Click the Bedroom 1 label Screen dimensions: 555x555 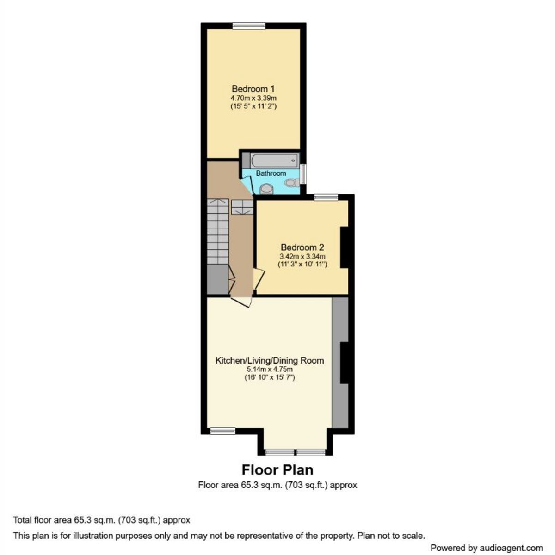(253, 88)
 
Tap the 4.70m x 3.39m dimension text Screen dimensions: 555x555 (253, 98)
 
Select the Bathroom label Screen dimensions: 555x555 (271, 173)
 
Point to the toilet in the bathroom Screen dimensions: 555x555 (292, 183)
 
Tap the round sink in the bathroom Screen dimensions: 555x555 (266, 189)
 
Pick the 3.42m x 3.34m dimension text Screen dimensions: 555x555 (302, 257)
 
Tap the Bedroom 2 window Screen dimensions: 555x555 (327, 197)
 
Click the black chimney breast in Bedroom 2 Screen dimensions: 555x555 (345, 247)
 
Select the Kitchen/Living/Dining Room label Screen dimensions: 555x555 (270, 360)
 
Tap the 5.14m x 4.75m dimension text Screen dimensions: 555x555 (270, 370)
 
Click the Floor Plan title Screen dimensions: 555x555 (277, 470)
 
